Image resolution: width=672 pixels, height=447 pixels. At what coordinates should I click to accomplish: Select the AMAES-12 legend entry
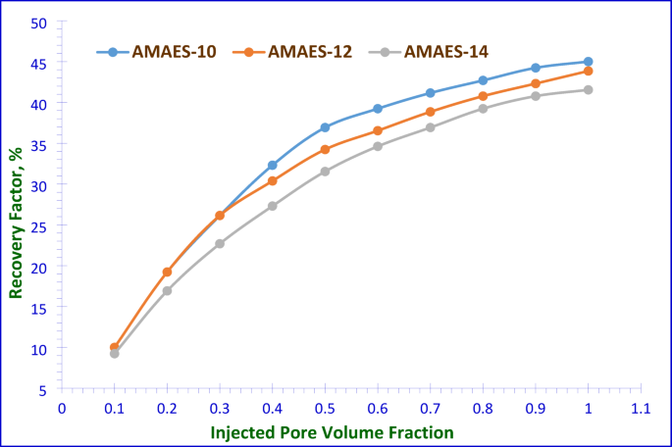click(x=293, y=52)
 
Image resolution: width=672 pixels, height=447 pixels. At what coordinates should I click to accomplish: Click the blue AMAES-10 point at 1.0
click(x=588, y=62)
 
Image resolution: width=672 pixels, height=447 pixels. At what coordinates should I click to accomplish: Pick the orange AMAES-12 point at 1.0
click(x=588, y=72)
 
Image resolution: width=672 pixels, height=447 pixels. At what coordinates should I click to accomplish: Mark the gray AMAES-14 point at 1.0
click(x=588, y=90)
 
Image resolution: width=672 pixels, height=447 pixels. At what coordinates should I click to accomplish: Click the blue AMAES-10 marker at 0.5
click(x=325, y=127)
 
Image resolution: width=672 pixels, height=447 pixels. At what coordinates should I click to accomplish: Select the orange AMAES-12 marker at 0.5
click(x=325, y=149)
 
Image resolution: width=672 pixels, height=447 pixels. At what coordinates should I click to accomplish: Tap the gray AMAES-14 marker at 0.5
click(x=325, y=172)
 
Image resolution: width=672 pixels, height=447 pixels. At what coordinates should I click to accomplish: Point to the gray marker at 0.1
click(x=115, y=354)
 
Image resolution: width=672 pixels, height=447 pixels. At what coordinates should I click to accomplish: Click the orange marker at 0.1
click(x=115, y=347)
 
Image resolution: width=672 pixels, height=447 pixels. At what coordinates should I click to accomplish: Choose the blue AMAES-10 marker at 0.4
click(x=273, y=166)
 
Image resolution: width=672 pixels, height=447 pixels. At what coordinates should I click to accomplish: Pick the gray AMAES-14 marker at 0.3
click(x=220, y=243)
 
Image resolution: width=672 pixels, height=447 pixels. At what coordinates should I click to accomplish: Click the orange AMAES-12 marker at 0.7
click(x=430, y=112)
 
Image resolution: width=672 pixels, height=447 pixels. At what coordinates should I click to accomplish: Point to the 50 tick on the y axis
click(x=46, y=21)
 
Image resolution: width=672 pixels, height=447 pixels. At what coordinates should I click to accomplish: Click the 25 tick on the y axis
click(x=46, y=225)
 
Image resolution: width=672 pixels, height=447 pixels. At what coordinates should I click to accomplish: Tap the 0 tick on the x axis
click(x=62, y=406)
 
